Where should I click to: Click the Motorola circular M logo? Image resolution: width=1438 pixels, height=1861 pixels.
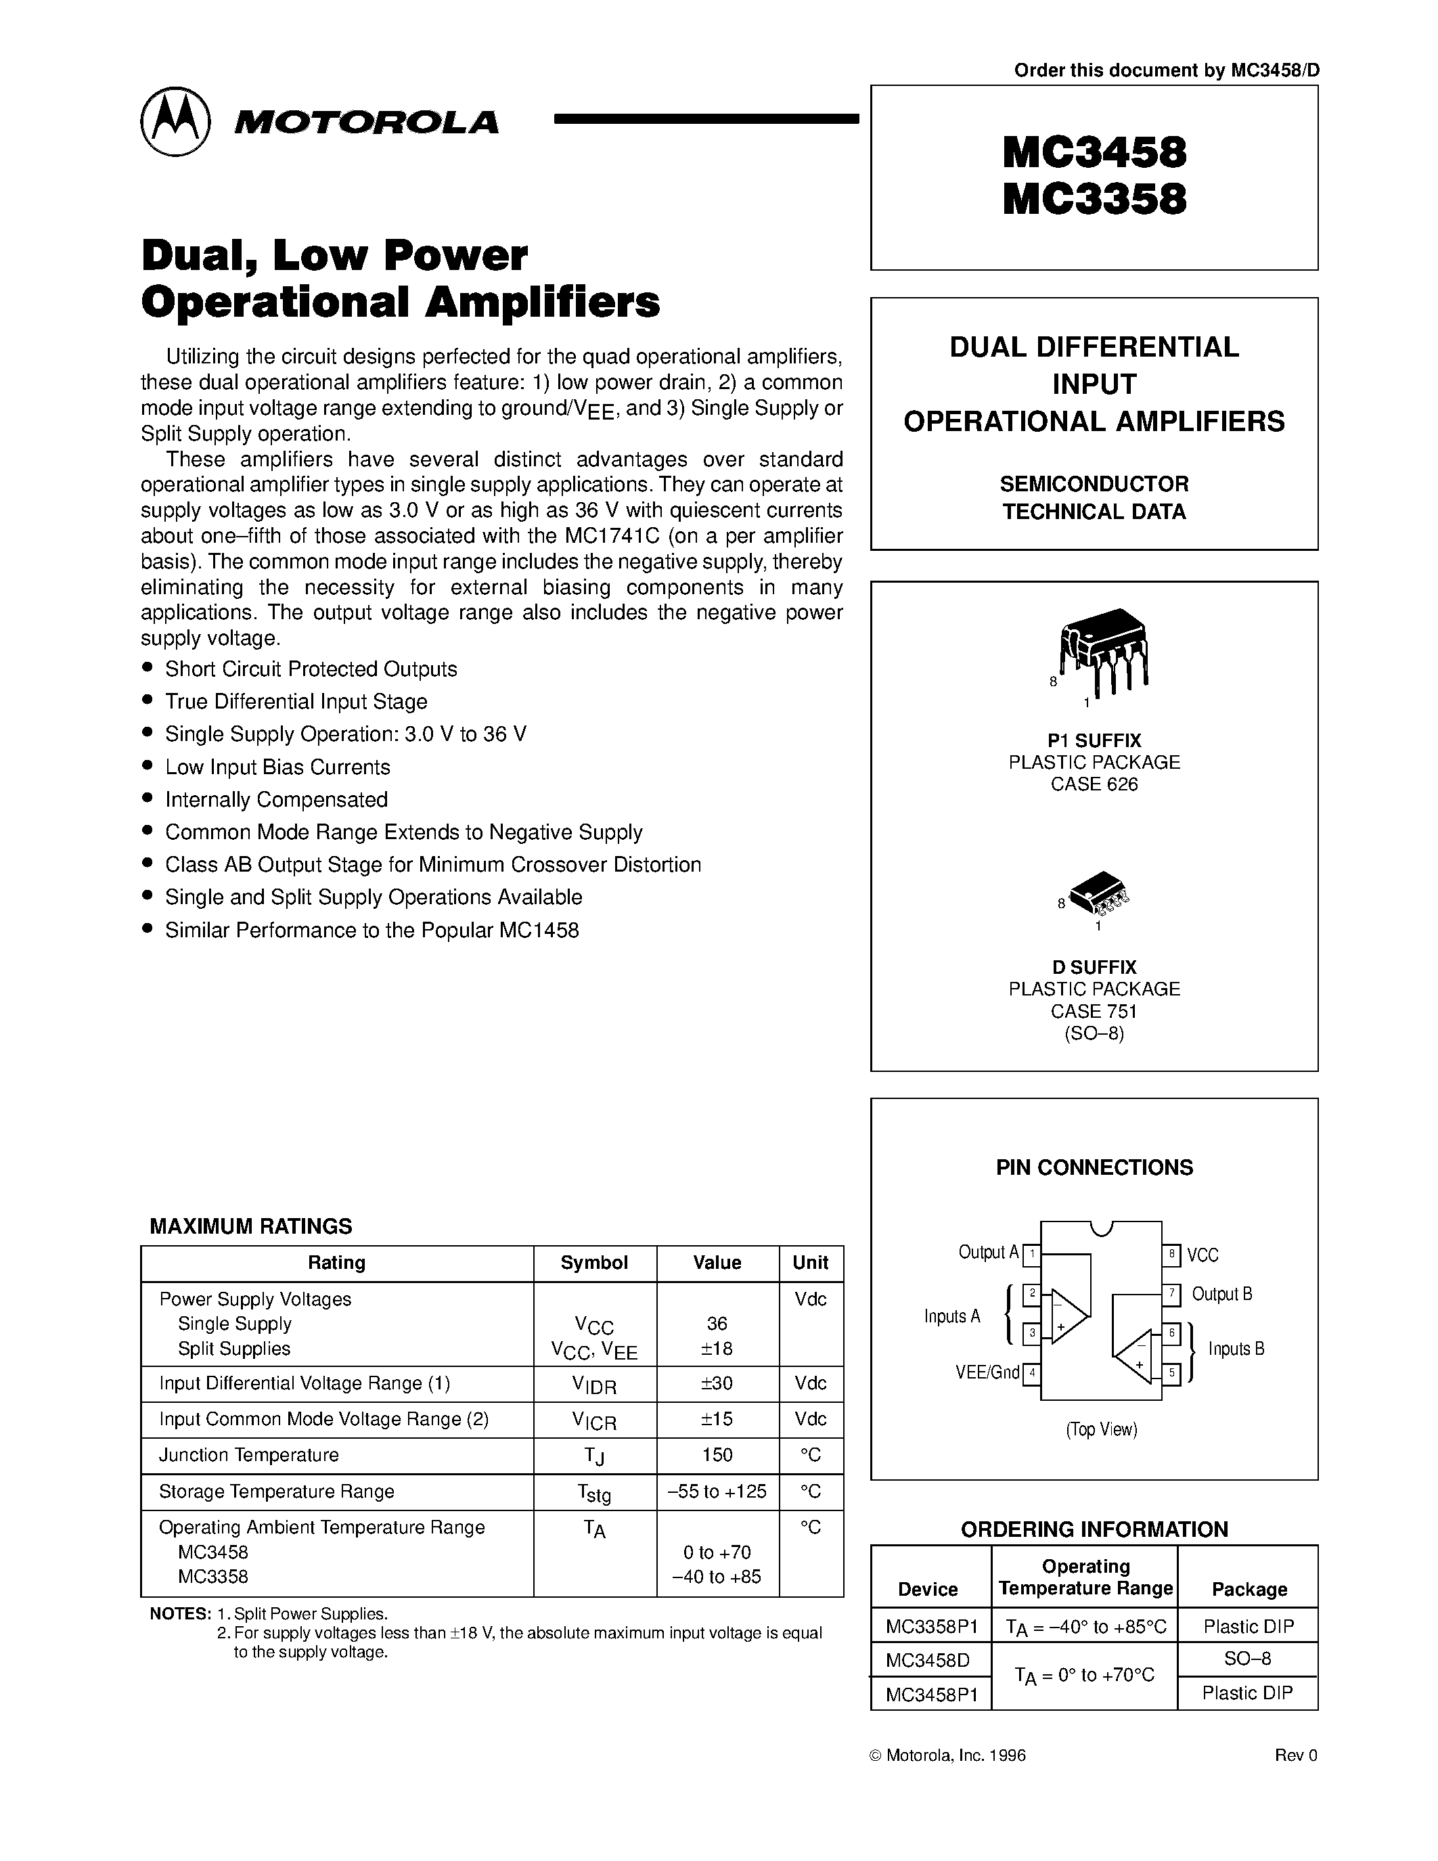click(175, 121)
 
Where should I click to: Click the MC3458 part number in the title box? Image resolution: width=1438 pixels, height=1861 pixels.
click(1094, 154)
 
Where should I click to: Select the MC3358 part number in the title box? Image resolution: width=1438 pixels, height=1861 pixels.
click(1094, 200)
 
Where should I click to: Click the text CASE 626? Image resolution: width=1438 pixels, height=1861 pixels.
click(1094, 784)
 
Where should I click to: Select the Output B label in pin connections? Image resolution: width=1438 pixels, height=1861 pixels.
click(1221, 1295)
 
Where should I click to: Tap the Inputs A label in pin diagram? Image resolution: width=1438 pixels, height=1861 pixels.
click(951, 1316)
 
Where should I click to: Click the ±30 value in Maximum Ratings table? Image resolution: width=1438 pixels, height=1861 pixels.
click(717, 1384)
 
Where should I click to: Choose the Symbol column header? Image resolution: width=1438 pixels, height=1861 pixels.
click(593, 1263)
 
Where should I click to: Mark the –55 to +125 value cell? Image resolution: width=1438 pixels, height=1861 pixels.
click(717, 1492)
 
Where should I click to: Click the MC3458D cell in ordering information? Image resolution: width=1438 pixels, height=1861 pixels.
click(928, 1660)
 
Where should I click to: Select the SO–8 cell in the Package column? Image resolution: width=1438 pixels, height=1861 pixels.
click(1247, 1658)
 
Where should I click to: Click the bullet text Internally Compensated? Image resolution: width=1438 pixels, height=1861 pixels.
click(276, 799)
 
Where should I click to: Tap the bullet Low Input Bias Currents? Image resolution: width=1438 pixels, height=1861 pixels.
click(277, 767)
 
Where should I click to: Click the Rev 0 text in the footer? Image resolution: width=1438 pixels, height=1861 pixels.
click(1296, 1755)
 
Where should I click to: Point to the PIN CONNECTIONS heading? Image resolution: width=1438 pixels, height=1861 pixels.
click(1094, 1167)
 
